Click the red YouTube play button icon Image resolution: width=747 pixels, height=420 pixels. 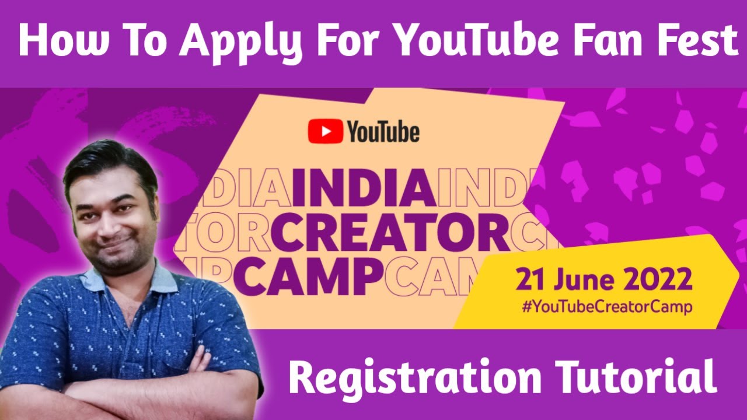tap(325, 131)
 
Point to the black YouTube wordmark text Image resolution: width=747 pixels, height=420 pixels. tap(383, 132)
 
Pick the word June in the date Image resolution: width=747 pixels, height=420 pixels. tap(585, 281)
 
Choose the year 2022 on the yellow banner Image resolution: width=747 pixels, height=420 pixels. tap(657, 281)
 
